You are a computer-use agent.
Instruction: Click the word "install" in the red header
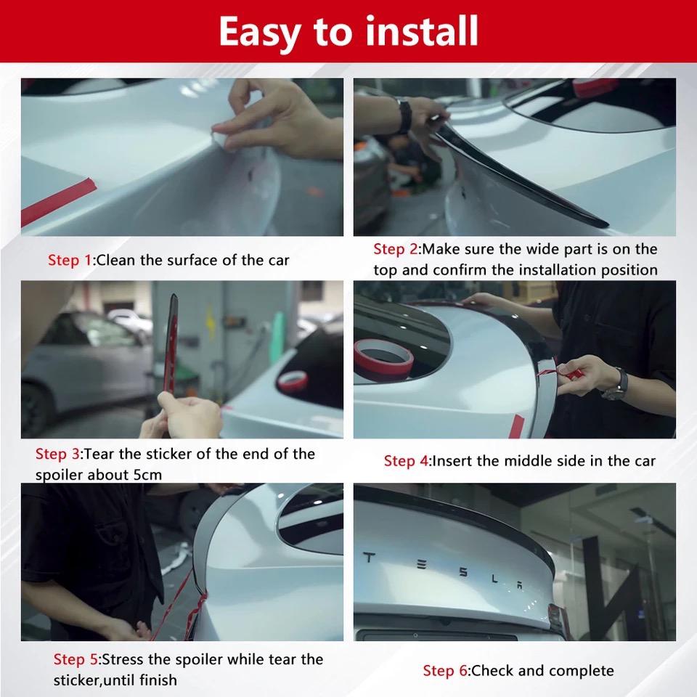421,30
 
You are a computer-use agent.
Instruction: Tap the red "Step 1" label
70,260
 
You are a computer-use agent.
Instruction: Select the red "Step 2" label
395,249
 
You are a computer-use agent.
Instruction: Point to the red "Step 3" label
57,454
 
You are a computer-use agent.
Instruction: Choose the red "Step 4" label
406,461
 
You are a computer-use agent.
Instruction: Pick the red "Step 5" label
76,659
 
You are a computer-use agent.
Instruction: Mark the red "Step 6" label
445,670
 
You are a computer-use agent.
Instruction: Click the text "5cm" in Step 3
147,475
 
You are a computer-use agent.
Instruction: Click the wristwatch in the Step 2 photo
404,116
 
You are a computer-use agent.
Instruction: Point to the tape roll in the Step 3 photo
293,379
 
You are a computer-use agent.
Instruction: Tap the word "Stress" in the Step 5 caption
123,659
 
